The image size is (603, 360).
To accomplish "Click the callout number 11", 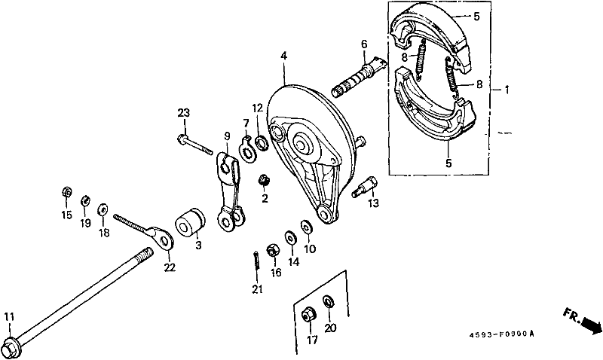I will pos(8,316).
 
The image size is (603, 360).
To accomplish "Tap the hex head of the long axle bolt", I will pos(11,349).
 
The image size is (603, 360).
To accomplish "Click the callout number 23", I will pos(182,113).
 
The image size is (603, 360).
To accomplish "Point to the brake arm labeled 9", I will pos(231,188).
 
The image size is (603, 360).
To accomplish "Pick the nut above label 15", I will pos(66,194).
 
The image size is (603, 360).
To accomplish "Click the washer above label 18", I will pos(103,208).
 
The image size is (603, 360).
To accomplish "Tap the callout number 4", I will pos(284,56).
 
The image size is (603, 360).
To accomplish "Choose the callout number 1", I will pos(507,90).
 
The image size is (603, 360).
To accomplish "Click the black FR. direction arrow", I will pos(590,325).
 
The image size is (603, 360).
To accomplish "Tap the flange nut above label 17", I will pos(309,315).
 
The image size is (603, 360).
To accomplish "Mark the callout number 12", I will pos(258,108).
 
